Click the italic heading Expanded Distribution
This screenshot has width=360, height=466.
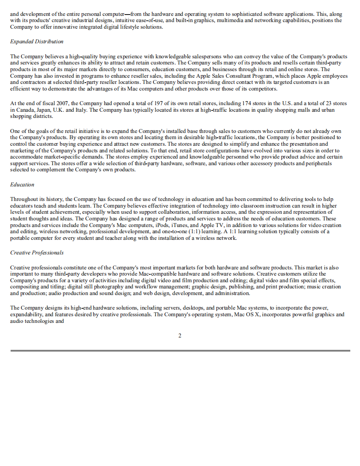[x=37, y=42]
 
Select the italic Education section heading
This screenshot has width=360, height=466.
[x=22, y=185]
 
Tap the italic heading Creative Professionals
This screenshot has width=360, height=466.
[x=37, y=253]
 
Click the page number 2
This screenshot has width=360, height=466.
[x=180, y=336]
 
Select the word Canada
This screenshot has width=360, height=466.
[x=25, y=110]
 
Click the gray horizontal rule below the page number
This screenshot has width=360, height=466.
[x=180, y=351]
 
